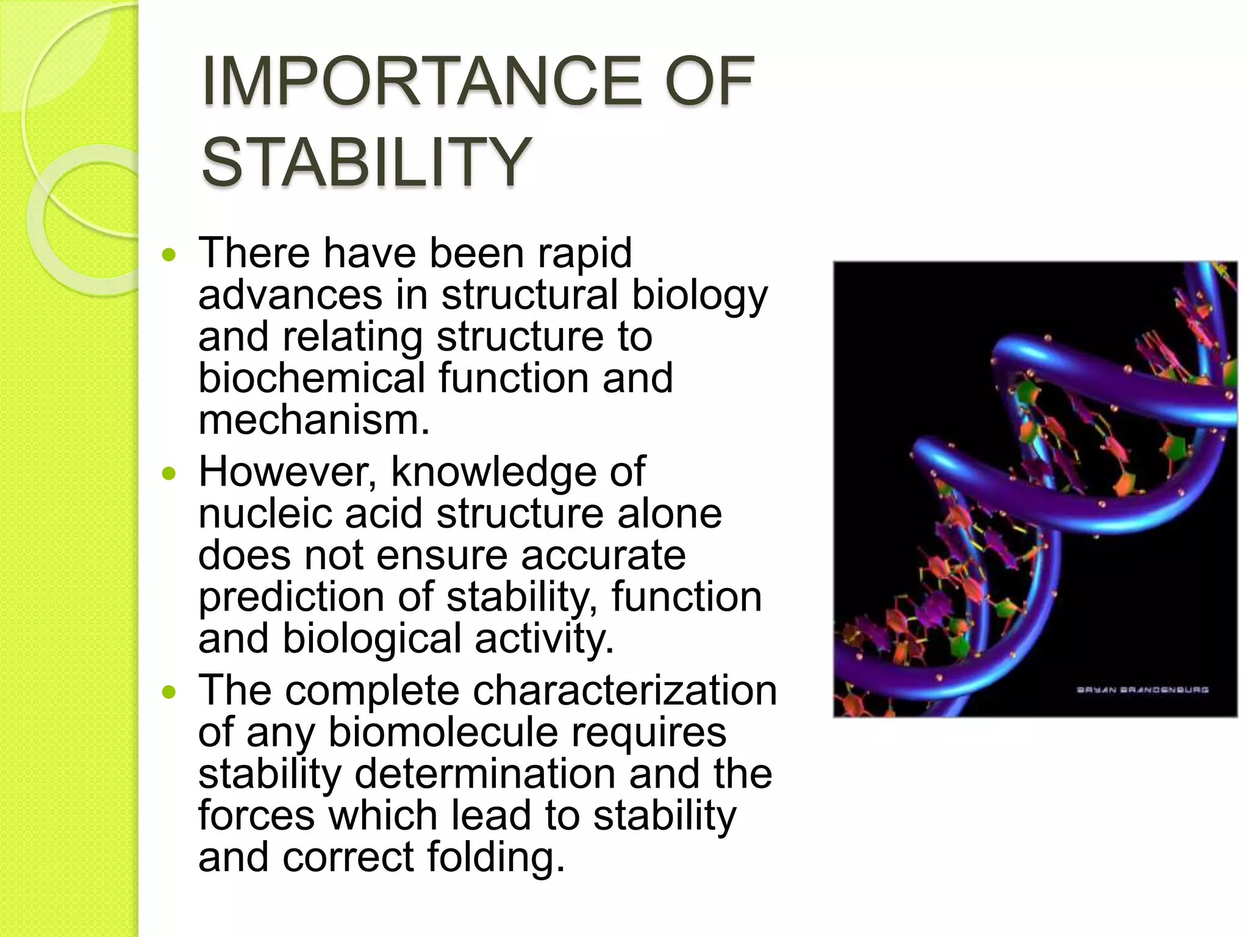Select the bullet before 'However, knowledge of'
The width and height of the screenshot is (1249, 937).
[x=169, y=473]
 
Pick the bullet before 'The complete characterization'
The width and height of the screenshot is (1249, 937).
[x=169, y=692]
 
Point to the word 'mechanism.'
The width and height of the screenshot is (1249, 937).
[x=314, y=420]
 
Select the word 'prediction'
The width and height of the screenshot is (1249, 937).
[x=291, y=597]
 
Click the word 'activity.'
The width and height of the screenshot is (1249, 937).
[x=544, y=639]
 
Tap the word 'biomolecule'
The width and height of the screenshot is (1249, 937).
[x=443, y=732]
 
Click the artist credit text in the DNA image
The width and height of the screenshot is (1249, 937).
[x=1142, y=690]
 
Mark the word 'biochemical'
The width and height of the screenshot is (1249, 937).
[x=311, y=378]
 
